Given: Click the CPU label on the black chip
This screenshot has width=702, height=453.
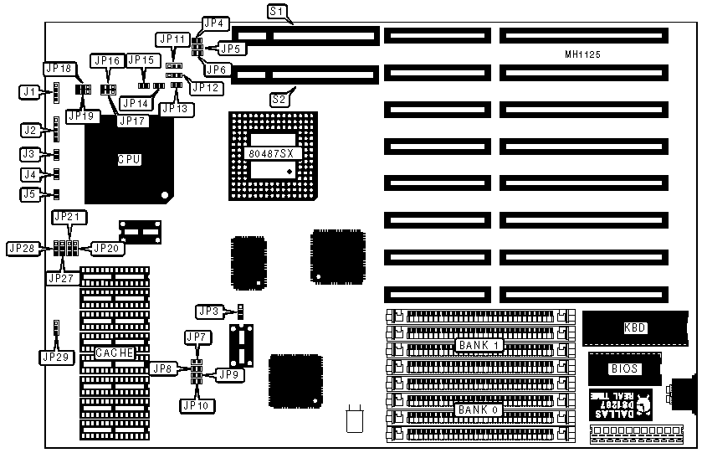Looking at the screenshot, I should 128,159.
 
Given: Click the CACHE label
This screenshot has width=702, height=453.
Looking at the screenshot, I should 114,353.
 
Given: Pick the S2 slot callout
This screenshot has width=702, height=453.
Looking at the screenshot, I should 280,99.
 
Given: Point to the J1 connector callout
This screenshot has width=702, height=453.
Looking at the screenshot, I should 30,90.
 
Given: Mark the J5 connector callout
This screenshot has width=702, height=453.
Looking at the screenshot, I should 30,195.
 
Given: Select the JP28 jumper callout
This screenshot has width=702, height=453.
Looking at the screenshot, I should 22,248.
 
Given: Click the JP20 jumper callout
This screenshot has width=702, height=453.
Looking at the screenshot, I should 107,248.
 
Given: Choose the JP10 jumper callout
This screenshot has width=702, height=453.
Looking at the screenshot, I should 198,404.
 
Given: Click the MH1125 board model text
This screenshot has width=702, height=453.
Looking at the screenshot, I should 583,54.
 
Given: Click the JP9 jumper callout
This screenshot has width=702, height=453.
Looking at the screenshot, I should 229,374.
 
